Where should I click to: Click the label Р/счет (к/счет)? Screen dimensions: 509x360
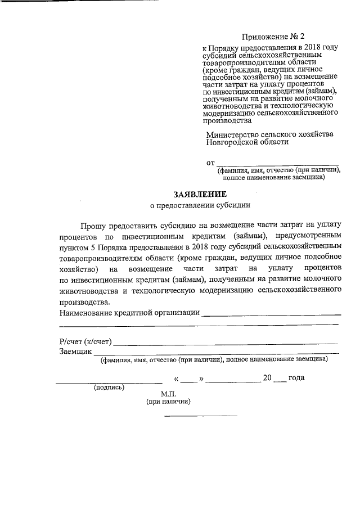(x=86, y=341)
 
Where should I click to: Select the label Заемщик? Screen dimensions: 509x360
(x=75, y=351)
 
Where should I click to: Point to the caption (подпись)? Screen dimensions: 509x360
(x=109, y=388)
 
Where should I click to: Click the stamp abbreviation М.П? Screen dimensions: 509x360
(x=168, y=395)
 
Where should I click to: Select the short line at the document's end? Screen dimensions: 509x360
(x=200, y=416)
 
